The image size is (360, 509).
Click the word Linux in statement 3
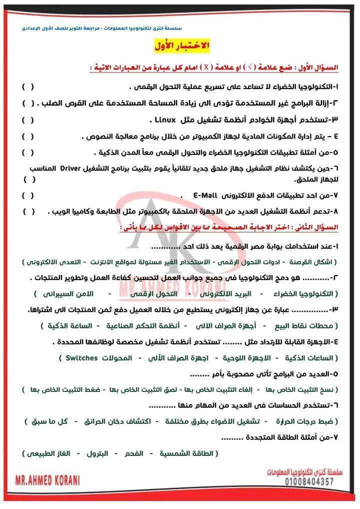click(165, 120)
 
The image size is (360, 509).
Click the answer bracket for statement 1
click(28, 86)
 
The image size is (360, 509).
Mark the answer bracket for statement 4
click(28, 136)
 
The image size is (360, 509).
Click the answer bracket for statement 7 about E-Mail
click(28, 195)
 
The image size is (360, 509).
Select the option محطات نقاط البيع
click(305, 325)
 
